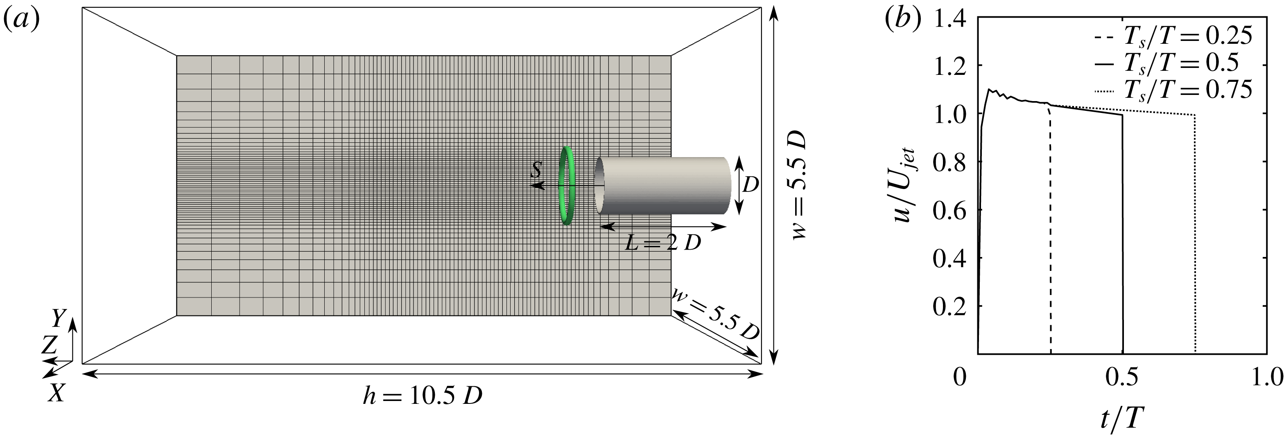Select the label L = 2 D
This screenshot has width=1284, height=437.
663,243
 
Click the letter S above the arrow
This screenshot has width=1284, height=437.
536,170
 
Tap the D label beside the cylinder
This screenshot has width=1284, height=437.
750,185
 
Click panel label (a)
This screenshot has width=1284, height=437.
21,20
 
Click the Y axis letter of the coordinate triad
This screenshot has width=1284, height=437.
59,318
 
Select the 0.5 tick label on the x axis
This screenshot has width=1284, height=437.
1121,377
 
